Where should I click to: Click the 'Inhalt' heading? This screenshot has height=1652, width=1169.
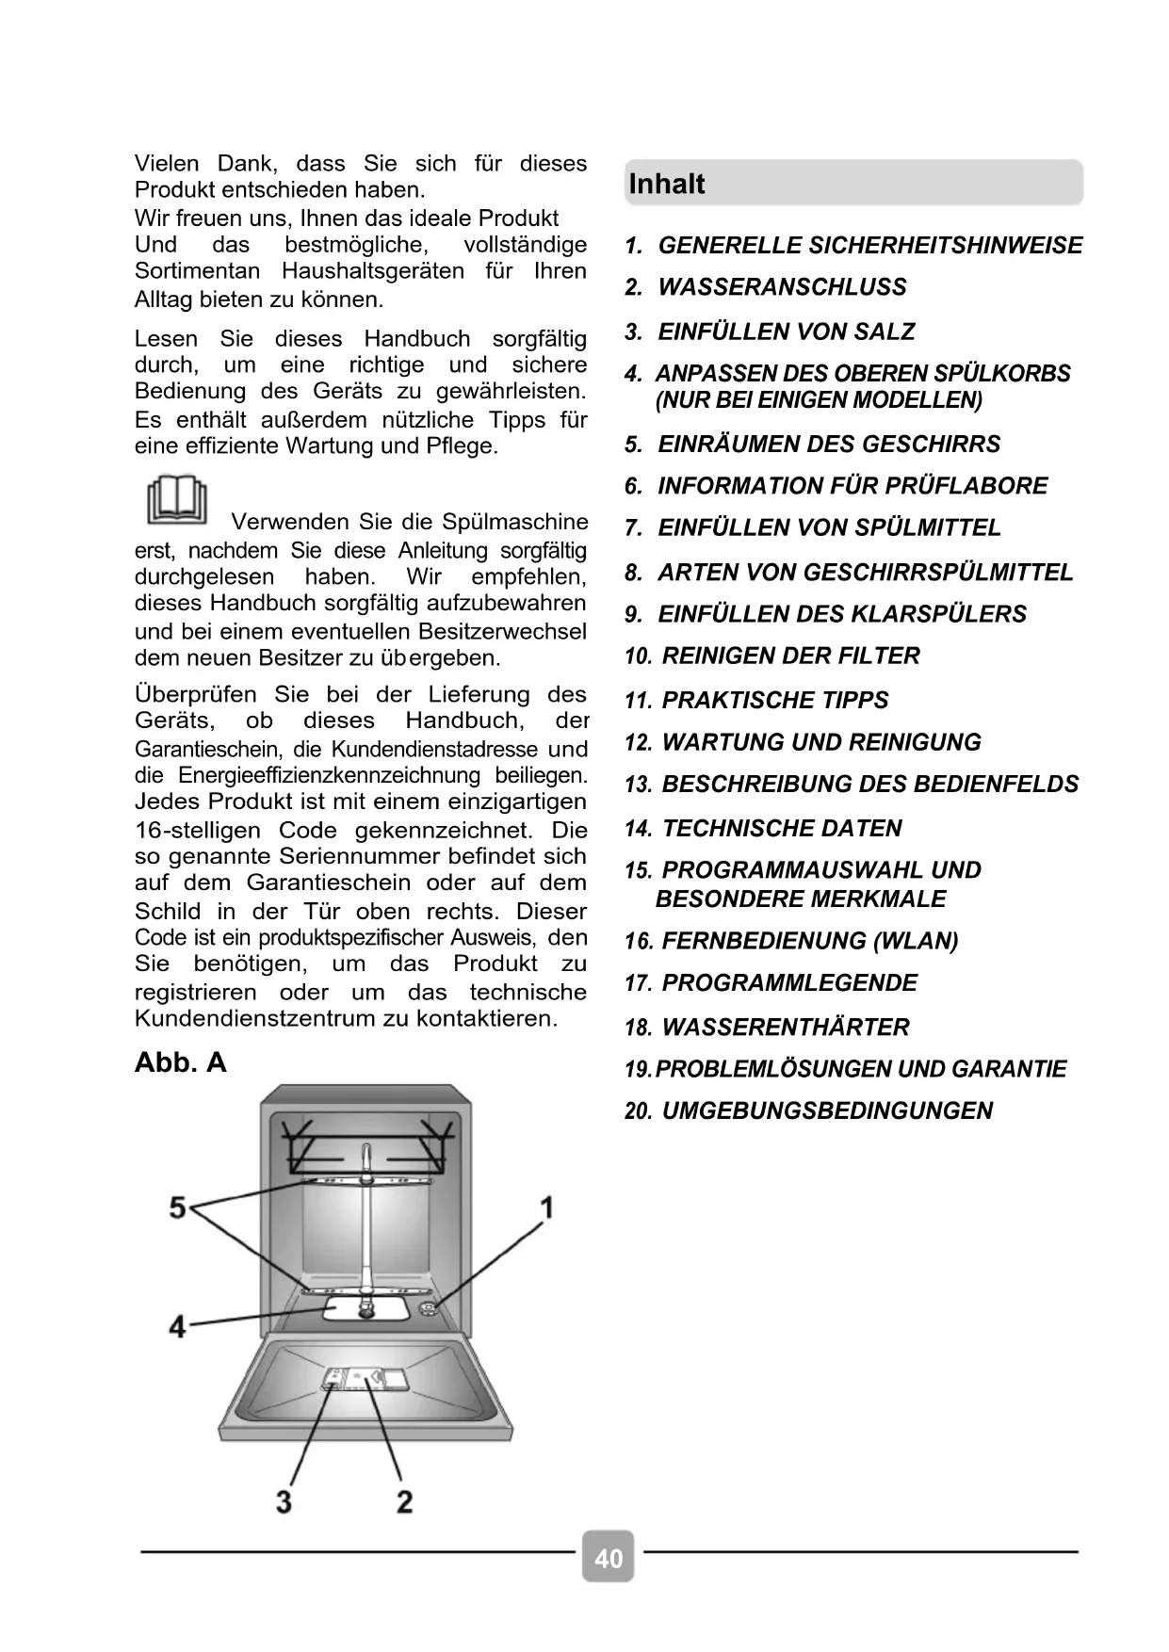tap(666, 184)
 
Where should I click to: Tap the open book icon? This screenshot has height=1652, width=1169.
tap(176, 501)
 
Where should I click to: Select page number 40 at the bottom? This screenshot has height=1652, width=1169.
tap(609, 1559)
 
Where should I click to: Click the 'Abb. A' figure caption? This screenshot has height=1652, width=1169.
tap(181, 1062)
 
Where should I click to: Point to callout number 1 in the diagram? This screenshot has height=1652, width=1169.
tap(545, 1207)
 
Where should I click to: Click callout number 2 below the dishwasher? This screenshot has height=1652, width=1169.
tap(404, 1500)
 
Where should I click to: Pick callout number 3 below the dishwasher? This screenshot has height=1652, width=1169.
tap(284, 1500)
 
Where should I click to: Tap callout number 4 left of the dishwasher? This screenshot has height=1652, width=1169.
tap(177, 1326)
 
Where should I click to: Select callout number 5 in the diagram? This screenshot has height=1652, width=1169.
tap(177, 1207)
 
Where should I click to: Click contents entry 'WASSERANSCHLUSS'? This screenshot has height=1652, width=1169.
tap(781, 287)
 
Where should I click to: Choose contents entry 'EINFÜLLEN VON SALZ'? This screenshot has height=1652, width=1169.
tap(786, 332)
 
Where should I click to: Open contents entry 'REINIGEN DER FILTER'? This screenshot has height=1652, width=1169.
tap(790, 656)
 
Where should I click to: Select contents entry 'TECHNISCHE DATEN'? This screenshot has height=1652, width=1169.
tap(781, 829)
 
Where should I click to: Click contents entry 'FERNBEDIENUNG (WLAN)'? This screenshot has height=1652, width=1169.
tap(809, 941)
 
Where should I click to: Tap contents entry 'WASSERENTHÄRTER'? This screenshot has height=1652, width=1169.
tap(785, 1028)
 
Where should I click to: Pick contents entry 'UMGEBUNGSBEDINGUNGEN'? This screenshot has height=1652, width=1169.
tap(826, 1111)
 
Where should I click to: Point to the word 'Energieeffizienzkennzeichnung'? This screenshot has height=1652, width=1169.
tap(329, 776)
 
